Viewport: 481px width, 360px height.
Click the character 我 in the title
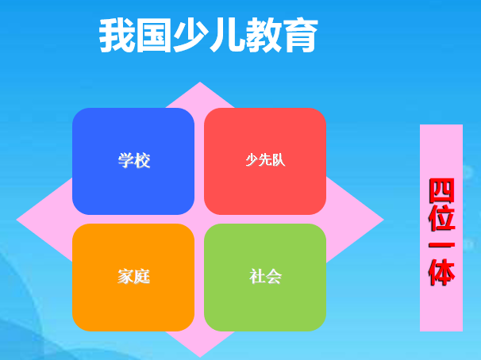coord(117,35)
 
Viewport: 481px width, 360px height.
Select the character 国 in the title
coord(153,35)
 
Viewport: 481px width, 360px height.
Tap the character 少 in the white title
coord(190,35)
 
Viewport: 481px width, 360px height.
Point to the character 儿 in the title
coord(226,35)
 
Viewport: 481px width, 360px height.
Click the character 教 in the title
coord(264,35)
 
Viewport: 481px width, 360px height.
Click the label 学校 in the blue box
coord(134,160)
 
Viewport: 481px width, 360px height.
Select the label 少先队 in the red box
coord(265,160)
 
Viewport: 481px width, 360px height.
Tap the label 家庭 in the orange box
coord(134,277)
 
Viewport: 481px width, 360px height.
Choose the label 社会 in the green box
coord(265,277)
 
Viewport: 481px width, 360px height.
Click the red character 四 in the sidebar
coord(442,190)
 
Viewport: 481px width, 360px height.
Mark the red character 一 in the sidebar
coord(442,245)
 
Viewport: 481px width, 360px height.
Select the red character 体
coord(442,272)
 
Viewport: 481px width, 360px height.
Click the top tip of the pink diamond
coord(200,82)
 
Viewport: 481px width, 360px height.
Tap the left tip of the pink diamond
coord(17,220)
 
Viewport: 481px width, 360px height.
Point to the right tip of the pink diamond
coord(383,220)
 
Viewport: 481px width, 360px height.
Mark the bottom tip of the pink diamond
coord(200,357)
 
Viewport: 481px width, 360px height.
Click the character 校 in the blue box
coord(142,160)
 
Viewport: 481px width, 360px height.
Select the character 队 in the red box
coord(279,160)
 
